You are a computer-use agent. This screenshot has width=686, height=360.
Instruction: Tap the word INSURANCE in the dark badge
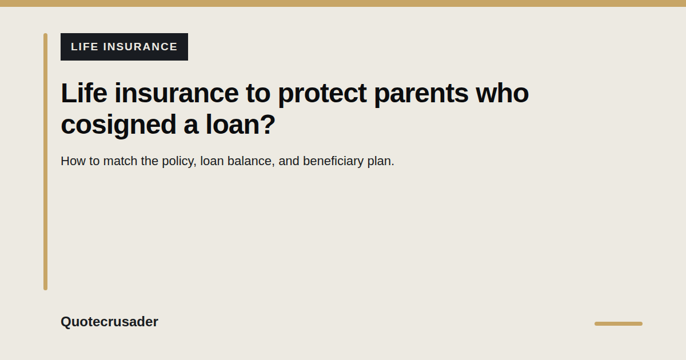point(140,47)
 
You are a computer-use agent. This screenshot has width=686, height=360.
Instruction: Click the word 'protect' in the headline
point(322,93)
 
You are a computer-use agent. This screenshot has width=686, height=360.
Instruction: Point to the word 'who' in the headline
point(502,93)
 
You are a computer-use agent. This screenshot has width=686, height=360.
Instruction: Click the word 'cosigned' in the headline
point(118,125)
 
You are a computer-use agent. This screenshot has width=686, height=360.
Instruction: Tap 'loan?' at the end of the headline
point(241,124)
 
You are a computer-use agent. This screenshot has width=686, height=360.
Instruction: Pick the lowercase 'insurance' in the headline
point(177,93)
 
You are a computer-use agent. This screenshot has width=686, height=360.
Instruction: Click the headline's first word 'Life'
point(84,93)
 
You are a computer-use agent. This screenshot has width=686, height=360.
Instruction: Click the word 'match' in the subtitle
point(121,161)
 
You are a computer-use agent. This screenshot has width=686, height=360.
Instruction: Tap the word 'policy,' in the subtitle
point(179,162)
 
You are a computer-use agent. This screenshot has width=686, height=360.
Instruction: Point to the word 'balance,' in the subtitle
point(251,161)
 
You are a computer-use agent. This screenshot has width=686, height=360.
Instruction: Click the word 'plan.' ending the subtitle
point(381,162)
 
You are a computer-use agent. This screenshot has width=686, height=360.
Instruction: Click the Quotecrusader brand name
point(109,322)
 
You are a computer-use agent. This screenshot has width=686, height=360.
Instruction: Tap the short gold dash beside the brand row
point(619,323)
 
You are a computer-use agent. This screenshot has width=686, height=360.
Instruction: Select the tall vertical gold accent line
point(45,162)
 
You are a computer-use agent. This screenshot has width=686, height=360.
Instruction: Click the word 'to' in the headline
point(258,93)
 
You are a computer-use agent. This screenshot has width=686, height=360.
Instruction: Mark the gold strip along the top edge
point(343,3)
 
